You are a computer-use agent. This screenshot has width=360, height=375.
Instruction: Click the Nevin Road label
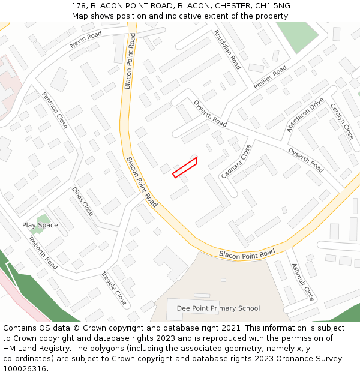[85, 40]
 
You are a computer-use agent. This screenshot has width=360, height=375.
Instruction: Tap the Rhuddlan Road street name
[227, 50]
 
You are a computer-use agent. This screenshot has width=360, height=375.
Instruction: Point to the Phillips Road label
[270, 77]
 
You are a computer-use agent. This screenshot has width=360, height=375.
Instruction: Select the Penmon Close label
[55, 110]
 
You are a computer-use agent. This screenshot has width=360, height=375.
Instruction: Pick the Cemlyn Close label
[342, 122]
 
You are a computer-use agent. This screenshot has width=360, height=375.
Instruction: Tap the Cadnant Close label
[236, 161]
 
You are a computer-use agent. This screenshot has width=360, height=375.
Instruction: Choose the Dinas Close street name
[83, 202]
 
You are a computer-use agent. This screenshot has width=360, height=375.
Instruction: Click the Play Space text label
[40, 226]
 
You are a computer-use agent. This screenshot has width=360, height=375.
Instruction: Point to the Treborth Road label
[43, 253]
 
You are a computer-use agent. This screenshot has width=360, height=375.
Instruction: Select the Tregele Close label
[113, 288]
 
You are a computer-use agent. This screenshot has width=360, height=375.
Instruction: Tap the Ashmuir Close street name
[303, 281]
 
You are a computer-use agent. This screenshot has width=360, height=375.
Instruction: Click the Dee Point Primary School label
[218, 308]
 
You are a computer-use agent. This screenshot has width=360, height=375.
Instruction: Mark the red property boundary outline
[185, 166]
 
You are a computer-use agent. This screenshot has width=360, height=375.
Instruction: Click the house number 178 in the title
[78, 6]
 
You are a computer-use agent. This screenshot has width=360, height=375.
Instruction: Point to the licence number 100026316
[25, 369]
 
